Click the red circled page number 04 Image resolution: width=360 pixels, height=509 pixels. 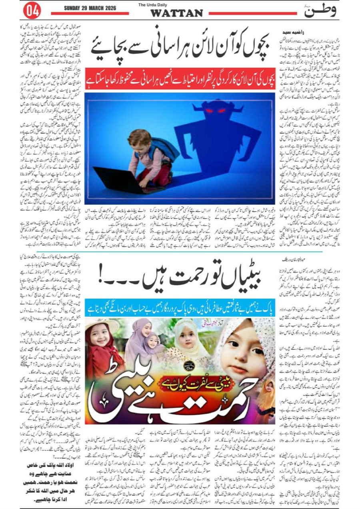pos(32,11)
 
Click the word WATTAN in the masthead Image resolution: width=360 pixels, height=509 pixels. pos(176,13)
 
